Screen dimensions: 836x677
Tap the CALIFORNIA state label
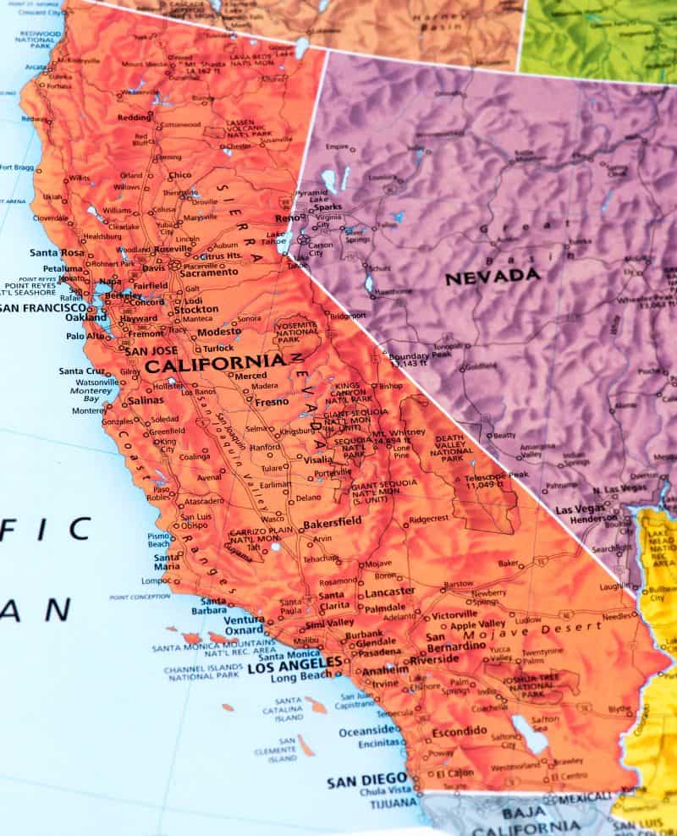tap(215, 365)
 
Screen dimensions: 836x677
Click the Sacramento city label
tap(206, 272)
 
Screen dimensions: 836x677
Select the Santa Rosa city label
tap(58, 252)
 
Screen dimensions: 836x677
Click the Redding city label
tap(134, 118)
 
